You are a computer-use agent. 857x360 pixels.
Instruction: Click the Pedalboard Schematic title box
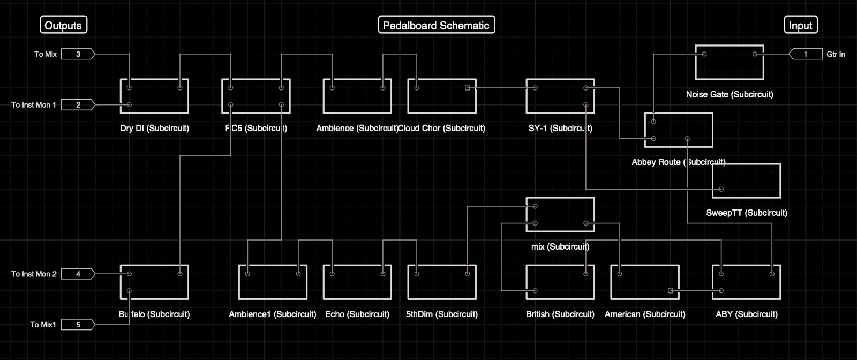(x=436, y=25)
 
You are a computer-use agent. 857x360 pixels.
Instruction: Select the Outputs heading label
(x=63, y=25)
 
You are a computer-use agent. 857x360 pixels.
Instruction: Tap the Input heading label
(x=800, y=25)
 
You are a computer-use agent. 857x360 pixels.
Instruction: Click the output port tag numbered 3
(x=78, y=54)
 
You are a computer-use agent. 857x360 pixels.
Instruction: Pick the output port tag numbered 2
(x=78, y=105)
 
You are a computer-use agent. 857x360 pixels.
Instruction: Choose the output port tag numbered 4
(x=78, y=274)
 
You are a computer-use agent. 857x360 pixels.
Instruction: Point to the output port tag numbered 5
(x=78, y=325)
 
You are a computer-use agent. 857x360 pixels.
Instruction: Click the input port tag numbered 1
(x=806, y=54)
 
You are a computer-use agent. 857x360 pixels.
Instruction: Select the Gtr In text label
(x=836, y=54)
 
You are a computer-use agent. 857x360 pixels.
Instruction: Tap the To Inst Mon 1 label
(x=34, y=105)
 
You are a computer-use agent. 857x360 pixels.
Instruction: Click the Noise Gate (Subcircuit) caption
(x=730, y=94)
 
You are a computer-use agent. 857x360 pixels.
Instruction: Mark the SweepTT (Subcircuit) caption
(x=747, y=213)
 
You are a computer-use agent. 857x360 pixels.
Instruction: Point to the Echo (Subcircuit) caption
(x=357, y=314)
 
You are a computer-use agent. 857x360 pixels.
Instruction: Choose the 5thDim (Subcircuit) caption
(x=442, y=314)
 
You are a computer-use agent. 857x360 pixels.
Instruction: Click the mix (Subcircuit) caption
(x=560, y=246)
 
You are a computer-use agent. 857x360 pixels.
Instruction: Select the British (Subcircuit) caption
(x=560, y=314)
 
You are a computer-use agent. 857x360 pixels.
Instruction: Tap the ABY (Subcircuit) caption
(x=747, y=314)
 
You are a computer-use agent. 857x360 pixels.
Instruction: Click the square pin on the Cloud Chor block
(x=468, y=88)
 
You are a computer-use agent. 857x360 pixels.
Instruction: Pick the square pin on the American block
(x=671, y=291)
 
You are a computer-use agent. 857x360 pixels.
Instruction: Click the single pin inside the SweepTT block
(x=721, y=189)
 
